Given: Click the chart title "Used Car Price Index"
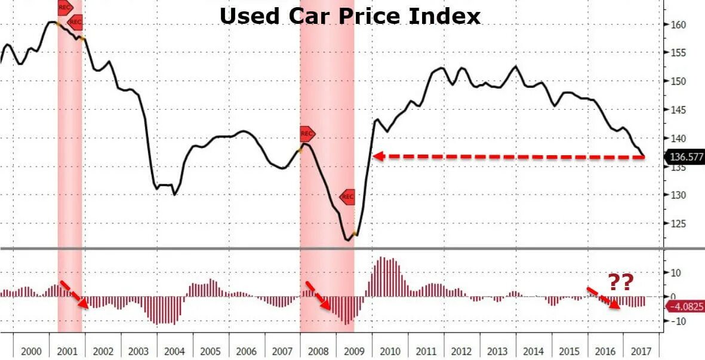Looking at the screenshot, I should coord(350,16).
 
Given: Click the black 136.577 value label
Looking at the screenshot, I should coord(684,157).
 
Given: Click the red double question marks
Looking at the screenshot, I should coord(620,282).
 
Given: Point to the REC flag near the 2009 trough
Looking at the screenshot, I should coord(347,196).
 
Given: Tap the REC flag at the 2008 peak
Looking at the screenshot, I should coord(307,133).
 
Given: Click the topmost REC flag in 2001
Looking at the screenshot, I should coord(64,7).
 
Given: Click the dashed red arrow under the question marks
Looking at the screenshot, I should coord(603,297).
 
